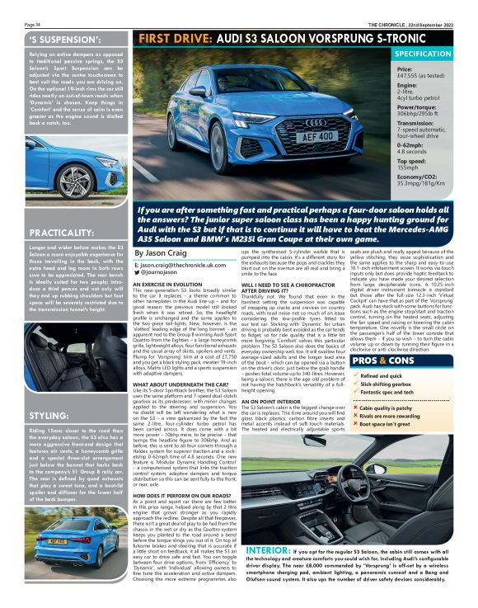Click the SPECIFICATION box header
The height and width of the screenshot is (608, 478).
pyautogui.click(x=434, y=54)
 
